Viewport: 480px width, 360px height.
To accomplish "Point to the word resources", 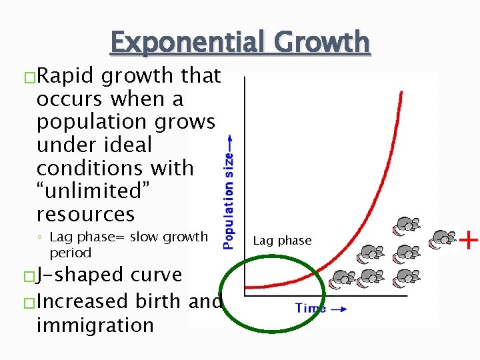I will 85,214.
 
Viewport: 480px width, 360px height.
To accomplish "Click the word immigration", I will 95,325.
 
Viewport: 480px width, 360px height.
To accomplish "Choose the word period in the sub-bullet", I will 70,253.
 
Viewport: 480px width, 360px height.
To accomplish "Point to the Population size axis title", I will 229,200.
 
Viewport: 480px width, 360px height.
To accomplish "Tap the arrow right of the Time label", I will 339,309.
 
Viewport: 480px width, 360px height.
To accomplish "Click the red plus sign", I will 469,239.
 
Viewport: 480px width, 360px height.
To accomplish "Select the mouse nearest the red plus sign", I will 443,237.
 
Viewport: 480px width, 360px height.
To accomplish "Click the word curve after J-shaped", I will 157,275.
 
